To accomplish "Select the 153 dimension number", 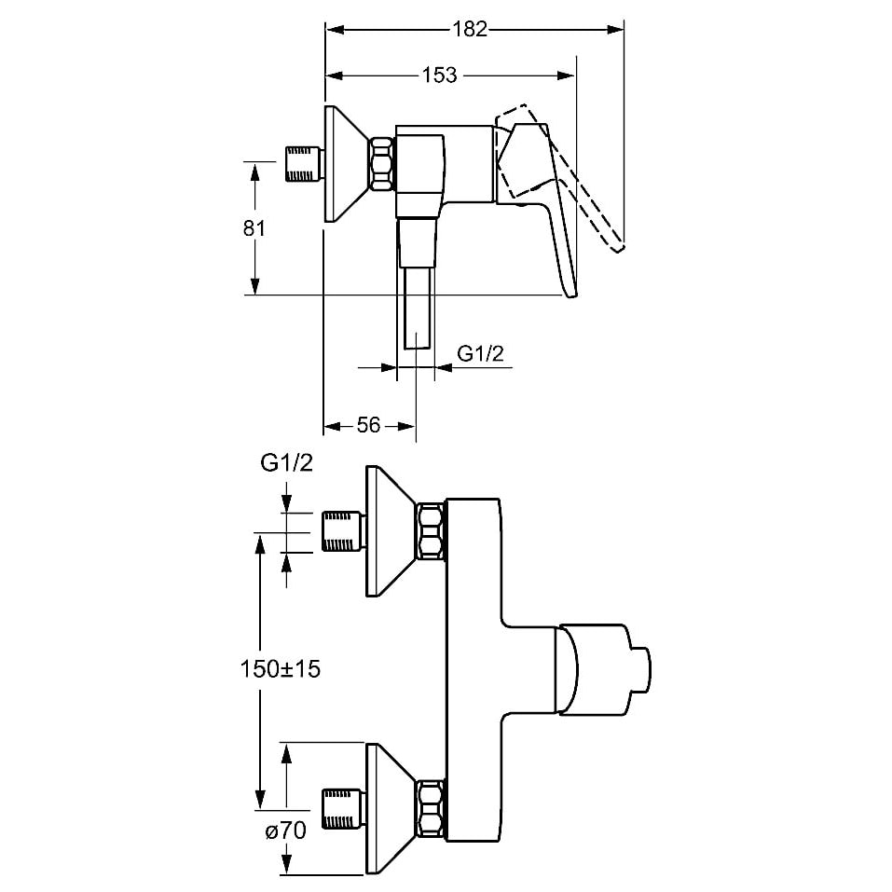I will coord(439,75).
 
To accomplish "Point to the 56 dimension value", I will coord(369,425).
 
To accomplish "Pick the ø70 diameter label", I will coord(285,832).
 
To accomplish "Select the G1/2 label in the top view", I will coord(285,463).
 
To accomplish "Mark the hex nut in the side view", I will coord(381,165).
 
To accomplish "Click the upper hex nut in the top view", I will coord(431,531).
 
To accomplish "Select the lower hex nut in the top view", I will coord(431,809).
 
